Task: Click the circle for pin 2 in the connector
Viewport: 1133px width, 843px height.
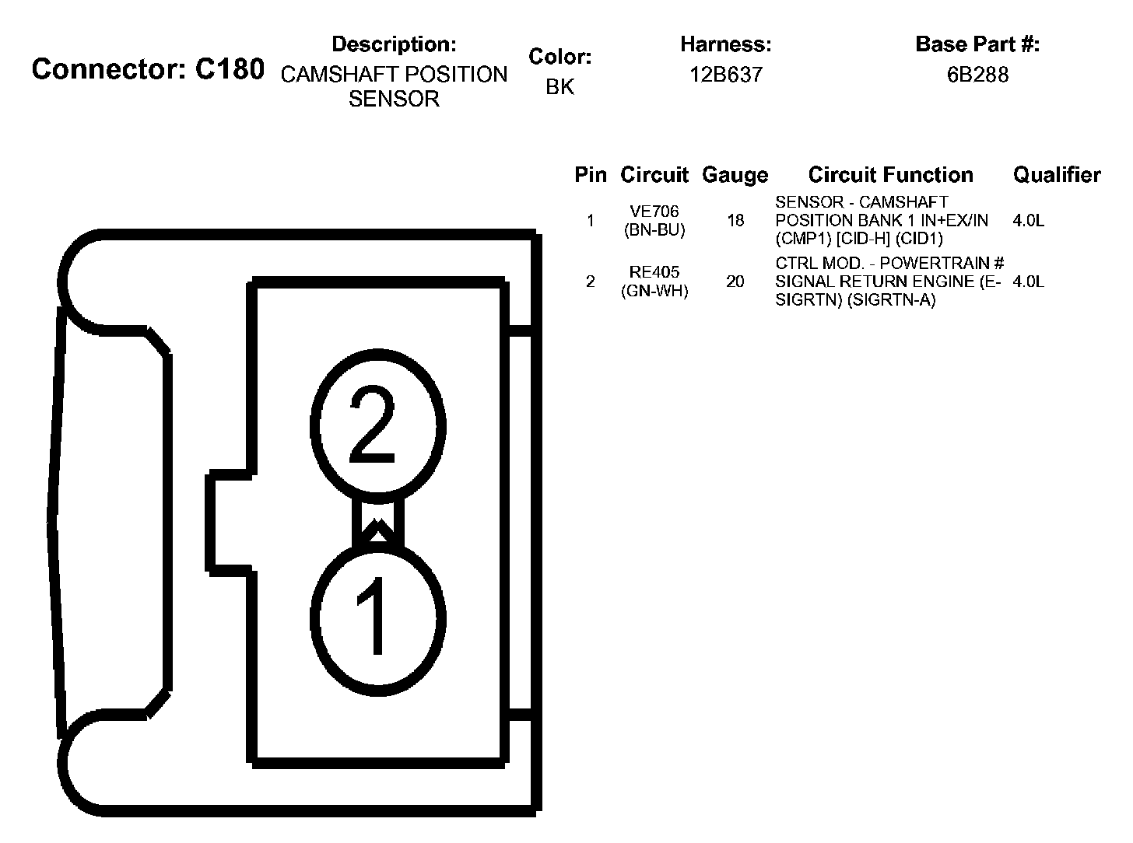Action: tap(378, 427)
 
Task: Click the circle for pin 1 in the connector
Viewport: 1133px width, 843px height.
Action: tap(378, 618)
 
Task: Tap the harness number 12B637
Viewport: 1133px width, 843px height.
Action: tap(726, 75)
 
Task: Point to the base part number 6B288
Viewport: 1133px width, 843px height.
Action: tap(977, 75)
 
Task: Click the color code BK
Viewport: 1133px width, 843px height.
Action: tap(559, 87)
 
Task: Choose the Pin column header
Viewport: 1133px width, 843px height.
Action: tap(590, 175)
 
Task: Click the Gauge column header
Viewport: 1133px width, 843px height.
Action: tap(735, 175)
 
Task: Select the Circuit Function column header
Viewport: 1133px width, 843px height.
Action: tap(890, 175)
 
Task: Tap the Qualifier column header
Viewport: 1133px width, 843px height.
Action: tap(1057, 175)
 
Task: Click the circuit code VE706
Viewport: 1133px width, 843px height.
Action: tap(654, 212)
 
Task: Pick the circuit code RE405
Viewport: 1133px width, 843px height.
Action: tap(654, 272)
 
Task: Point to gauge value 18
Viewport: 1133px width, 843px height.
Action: tap(735, 221)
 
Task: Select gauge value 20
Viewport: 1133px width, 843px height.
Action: tap(735, 282)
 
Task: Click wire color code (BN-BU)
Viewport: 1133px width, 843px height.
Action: tap(654, 230)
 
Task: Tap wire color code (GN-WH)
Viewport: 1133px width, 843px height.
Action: tap(654, 292)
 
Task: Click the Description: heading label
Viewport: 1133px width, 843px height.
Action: tap(394, 44)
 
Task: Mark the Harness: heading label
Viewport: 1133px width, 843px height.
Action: tap(726, 44)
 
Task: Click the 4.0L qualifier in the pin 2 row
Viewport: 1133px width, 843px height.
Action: tap(1029, 282)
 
